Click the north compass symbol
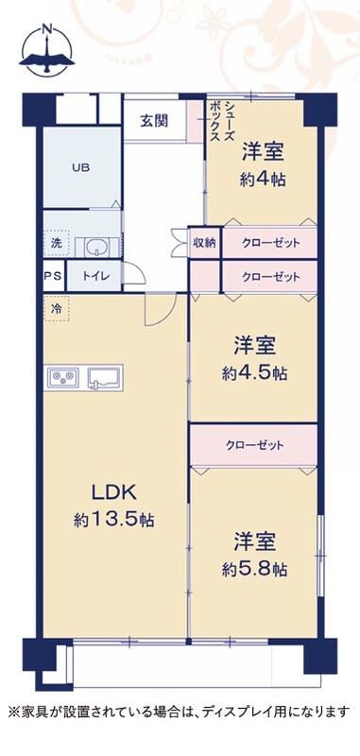(x=46, y=51)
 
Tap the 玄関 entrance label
(x=154, y=121)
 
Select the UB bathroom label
(x=80, y=168)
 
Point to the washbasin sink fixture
(x=97, y=248)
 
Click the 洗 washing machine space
(x=56, y=244)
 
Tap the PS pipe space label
(x=54, y=277)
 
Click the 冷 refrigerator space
(x=57, y=309)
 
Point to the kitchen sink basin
(x=105, y=376)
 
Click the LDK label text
(x=115, y=492)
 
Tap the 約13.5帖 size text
(x=114, y=520)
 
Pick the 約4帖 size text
(x=262, y=180)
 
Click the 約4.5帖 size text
(x=254, y=372)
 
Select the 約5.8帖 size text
(x=254, y=570)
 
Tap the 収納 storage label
(x=204, y=243)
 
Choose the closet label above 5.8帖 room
(x=254, y=445)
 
